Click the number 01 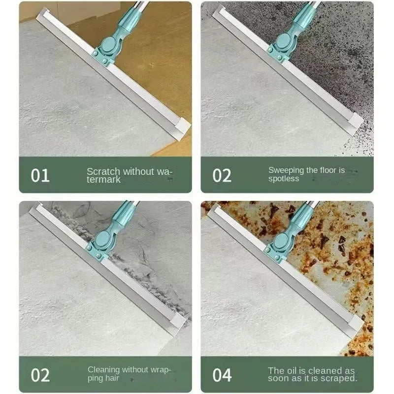tap(40, 175)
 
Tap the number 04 tap(222, 375)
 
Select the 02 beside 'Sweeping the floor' tap(222, 175)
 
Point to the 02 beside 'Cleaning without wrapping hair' tap(40, 375)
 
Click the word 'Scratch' tap(103, 171)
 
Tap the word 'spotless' tap(284, 179)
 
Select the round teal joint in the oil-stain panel tap(281, 241)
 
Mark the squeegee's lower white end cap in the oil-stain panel tap(356, 325)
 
